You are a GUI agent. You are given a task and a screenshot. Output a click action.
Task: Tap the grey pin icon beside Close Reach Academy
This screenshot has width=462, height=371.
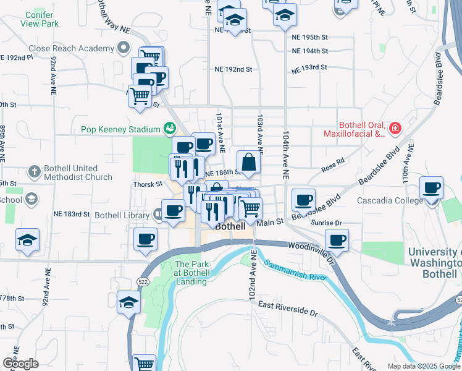click(124, 48)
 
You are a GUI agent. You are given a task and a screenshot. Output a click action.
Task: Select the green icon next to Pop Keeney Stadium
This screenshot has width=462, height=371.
click(169, 129)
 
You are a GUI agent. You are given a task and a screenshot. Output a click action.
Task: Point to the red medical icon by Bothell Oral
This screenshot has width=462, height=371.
click(395, 129)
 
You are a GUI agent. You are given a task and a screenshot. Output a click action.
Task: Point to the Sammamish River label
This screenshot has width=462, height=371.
click(295, 270)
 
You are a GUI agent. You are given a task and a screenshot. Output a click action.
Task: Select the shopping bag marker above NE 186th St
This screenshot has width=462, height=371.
click(248, 162)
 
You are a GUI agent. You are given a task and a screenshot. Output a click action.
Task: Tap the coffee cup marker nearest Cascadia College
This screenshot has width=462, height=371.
click(432, 187)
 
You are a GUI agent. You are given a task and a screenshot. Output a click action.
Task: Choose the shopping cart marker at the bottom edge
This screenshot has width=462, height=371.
click(145, 364)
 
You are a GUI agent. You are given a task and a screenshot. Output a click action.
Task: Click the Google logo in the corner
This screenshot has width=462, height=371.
click(20, 364)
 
